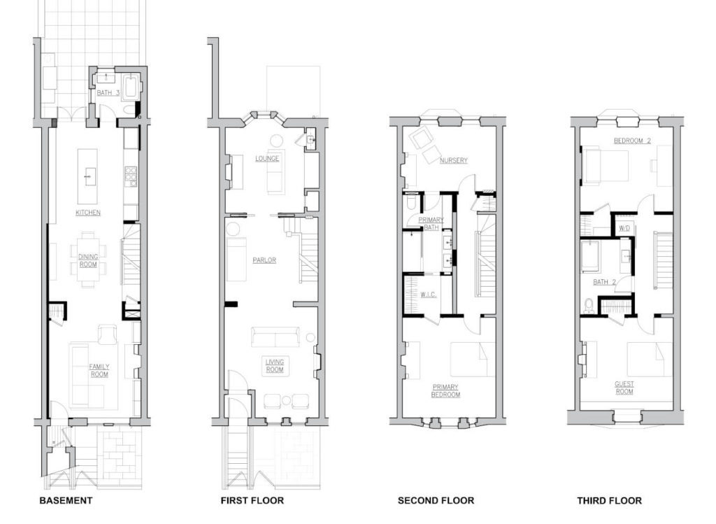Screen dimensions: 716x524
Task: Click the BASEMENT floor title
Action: [x=66, y=500]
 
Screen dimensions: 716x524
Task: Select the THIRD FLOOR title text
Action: [x=609, y=501]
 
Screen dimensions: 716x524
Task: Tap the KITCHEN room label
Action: [x=88, y=213]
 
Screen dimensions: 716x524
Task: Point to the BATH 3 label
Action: [x=108, y=93]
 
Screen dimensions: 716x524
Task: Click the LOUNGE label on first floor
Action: [x=267, y=159]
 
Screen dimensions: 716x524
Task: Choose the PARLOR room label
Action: [x=264, y=260]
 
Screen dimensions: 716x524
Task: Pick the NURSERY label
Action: [x=453, y=160]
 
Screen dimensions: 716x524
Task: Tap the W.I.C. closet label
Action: [x=429, y=295]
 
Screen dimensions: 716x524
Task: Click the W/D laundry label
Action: [x=624, y=228]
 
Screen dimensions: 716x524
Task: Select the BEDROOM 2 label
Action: [x=632, y=141]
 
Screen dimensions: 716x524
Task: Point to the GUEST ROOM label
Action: [x=624, y=388]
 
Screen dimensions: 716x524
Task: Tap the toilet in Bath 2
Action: [x=588, y=305]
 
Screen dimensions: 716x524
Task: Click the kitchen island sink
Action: [x=87, y=176]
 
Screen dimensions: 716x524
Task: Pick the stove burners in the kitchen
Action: [x=131, y=176]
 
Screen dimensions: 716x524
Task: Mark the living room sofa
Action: [x=275, y=337]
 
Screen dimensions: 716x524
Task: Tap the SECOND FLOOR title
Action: [x=436, y=501]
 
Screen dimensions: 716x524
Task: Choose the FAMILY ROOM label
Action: [x=99, y=371]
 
